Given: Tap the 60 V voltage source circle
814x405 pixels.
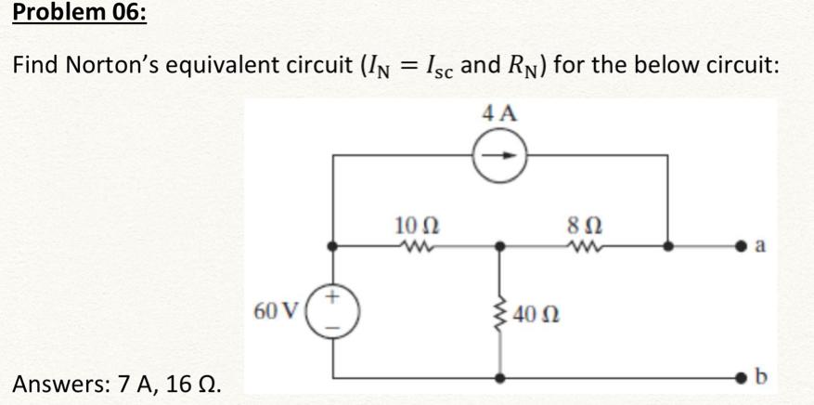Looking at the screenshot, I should pos(333,309).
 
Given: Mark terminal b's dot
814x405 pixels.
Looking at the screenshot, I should pos(742,378).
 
